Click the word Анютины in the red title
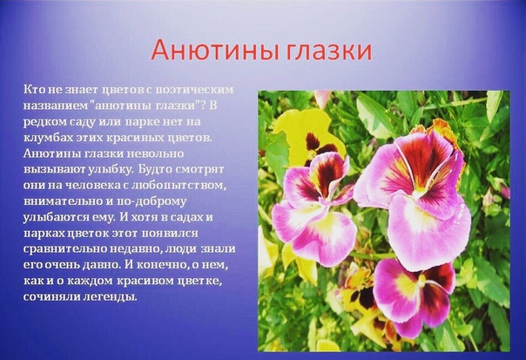212,51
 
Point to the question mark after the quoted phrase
202,105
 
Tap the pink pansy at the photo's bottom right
415,295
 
